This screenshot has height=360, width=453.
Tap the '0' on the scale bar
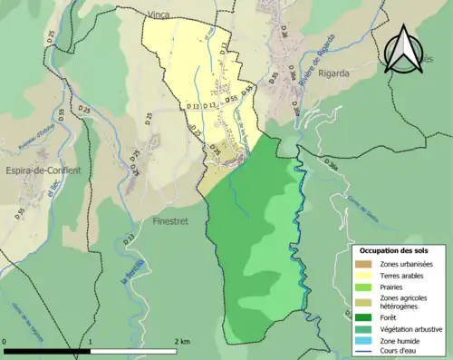tap(5, 342)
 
